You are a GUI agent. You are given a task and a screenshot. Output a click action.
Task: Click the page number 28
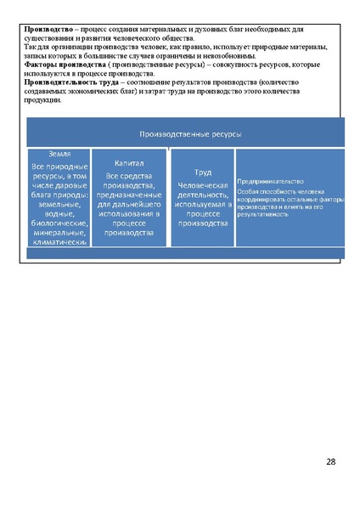(x=330, y=461)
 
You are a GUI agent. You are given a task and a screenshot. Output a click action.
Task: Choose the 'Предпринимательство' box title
(x=270, y=180)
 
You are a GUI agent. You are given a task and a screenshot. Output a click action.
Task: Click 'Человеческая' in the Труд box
(x=202, y=184)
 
